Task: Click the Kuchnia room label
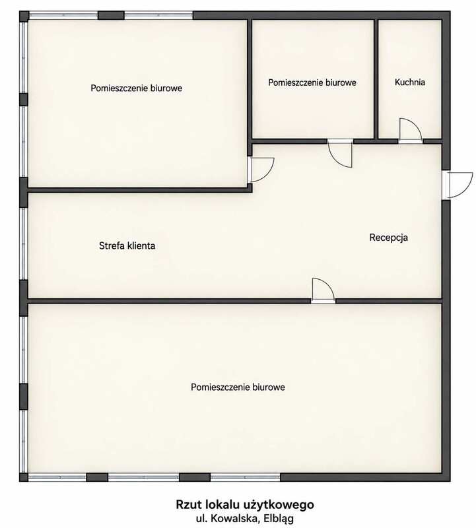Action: tap(409, 82)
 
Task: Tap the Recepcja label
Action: tap(388, 238)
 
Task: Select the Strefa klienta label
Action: tap(127, 246)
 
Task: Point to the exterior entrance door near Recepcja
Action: tap(458, 185)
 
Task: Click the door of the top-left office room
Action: tap(261, 170)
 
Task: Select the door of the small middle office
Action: tap(340, 154)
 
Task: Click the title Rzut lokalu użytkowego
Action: tap(245, 504)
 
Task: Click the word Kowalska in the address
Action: tap(235, 518)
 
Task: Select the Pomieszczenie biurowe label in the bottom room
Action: tap(238, 387)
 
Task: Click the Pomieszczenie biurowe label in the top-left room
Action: tap(137, 88)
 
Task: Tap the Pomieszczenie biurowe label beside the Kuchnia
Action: tap(312, 82)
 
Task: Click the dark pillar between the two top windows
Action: tap(111, 15)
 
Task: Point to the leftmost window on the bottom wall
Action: tap(57, 477)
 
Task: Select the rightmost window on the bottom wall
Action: tap(245, 477)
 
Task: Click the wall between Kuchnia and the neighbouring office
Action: tap(376, 79)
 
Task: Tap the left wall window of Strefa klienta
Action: tap(24, 244)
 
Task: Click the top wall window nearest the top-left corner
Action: tap(63, 15)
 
